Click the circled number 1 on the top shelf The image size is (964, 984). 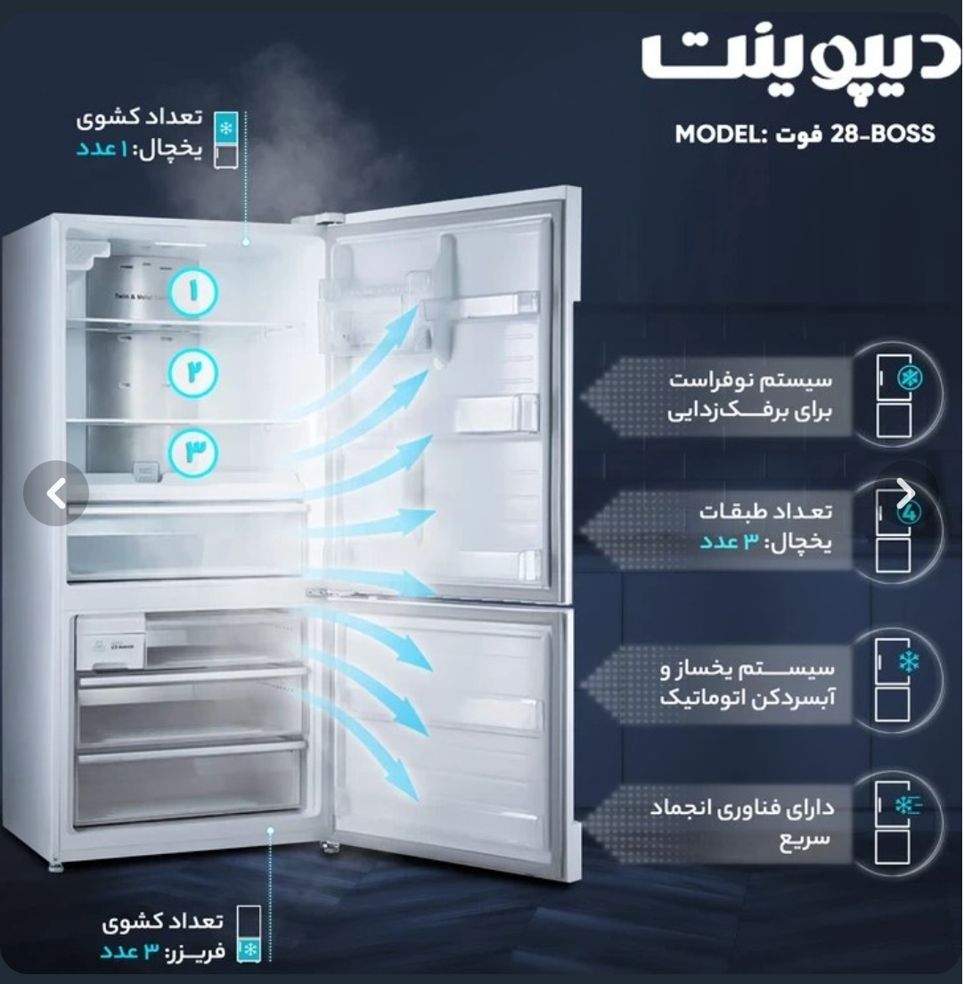click(194, 292)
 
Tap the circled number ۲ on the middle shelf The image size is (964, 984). click(193, 372)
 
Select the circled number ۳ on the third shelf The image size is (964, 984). click(193, 452)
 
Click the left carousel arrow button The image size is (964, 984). click(56, 493)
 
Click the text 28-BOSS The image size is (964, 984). click(883, 134)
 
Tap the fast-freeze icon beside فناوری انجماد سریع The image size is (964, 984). click(895, 822)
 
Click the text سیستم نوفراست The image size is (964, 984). click(751, 380)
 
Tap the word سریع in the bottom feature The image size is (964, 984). click(805, 840)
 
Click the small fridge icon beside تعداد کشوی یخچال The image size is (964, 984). click(226, 140)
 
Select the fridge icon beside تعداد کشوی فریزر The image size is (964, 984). click(249, 934)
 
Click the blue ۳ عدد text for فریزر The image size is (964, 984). click(129, 952)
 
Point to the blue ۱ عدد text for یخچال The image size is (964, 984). click(102, 150)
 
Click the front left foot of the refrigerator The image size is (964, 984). click(56, 867)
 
